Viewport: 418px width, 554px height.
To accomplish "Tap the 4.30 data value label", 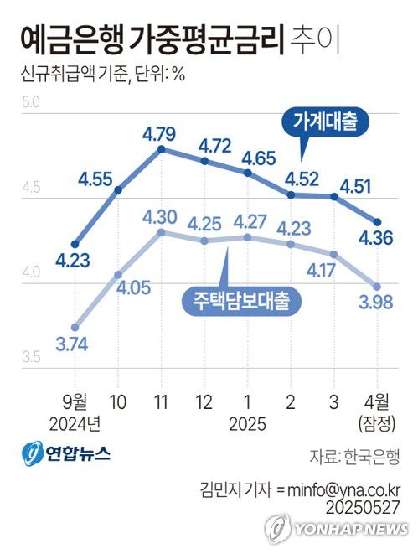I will [x=159, y=216].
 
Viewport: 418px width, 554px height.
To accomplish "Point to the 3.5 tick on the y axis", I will [x=31, y=358].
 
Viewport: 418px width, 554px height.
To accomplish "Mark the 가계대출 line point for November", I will [x=160, y=149].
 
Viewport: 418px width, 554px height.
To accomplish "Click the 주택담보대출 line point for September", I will [x=76, y=327].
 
